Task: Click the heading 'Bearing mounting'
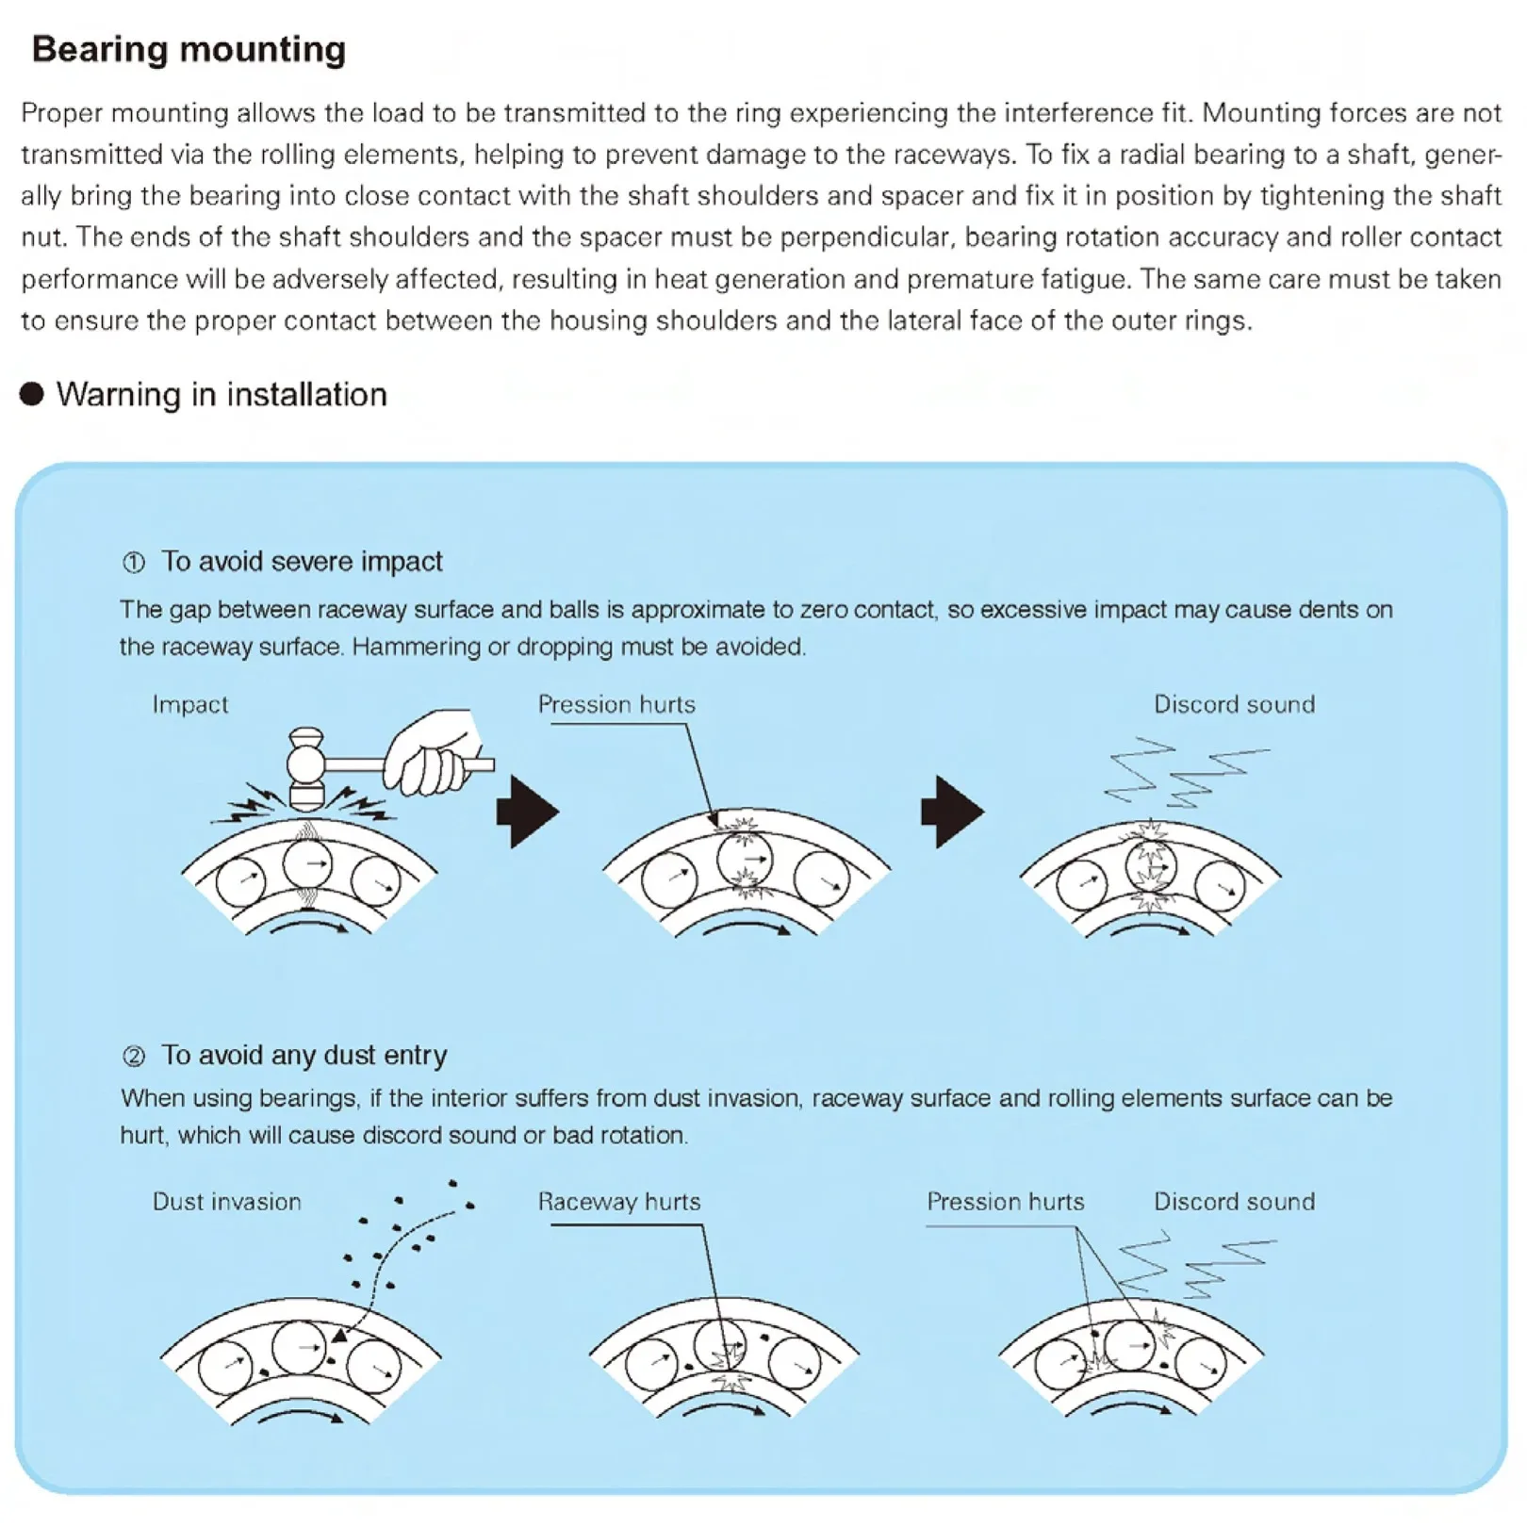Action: (189, 49)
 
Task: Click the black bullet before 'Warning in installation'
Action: (32, 394)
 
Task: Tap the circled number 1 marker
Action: (134, 563)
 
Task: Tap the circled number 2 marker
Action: (134, 1056)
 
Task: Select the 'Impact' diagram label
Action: (190, 704)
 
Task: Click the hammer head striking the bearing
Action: (306, 768)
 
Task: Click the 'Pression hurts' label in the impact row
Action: (616, 704)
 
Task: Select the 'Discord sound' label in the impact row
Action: (1234, 704)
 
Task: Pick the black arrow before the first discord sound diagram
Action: (952, 812)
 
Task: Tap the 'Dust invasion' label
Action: (227, 1202)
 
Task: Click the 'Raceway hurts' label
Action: (619, 1202)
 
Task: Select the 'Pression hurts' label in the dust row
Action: (1006, 1202)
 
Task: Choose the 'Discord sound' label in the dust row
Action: (1234, 1202)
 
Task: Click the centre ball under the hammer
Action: (308, 862)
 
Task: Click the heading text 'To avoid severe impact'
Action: (302, 562)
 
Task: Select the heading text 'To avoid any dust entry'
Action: (304, 1055)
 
